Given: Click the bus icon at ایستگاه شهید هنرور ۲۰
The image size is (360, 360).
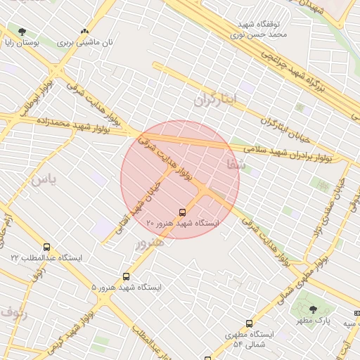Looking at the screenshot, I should (x=183, y=212).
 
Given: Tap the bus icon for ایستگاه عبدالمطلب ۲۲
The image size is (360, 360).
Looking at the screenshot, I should (x=47, y=247).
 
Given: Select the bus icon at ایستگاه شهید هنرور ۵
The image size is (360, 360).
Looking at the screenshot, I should (x=127, y=277).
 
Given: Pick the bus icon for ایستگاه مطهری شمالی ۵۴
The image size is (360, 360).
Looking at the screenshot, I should (x=250, y=323).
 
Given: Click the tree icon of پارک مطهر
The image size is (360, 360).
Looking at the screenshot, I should (x=313, y=309).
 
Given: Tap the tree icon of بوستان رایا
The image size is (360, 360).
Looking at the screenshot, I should (x=22, y=31).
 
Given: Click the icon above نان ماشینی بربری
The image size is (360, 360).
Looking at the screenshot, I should (x=85, y=31).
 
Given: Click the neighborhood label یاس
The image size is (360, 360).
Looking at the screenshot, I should (x=42, y=179).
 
